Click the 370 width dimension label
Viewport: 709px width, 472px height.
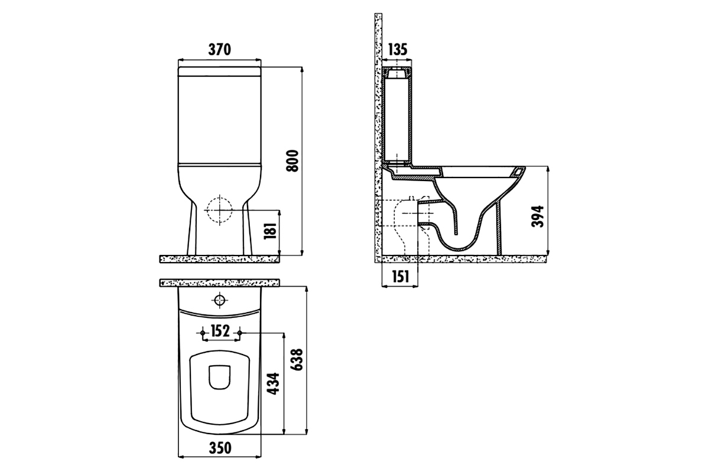[219, 50]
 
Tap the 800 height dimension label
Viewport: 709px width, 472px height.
[292, 161]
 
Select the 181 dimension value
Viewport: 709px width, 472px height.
[271, 231]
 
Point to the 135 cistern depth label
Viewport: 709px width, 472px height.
[397, 50]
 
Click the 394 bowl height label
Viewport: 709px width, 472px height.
[538, 217]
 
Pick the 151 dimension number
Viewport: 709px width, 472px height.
[401, 277]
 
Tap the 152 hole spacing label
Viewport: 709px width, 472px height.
[220, 330]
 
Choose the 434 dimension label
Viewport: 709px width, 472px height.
[273, 383]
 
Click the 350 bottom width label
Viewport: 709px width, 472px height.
[220, 448]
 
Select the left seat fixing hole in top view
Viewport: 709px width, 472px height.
[203, 333]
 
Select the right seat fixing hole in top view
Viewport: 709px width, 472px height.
[239, 333]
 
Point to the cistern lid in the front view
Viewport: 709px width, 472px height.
[220, 71]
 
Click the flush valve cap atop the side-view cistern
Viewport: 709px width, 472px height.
[397, 74]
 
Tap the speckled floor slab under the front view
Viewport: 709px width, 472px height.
[219, 259]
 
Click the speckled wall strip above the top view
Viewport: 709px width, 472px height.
[219, 283]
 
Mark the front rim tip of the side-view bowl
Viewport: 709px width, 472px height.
[525, 168]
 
